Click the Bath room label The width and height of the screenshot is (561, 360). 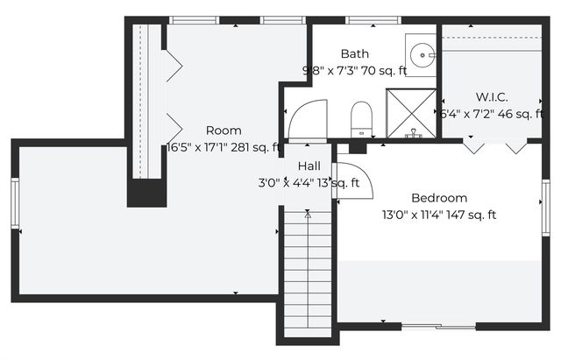tap(355, 54)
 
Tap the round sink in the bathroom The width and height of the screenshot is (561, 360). tap(424, 54)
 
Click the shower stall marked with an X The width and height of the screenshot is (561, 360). tap(410, 113)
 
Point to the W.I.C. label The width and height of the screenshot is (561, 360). tap(492, 97)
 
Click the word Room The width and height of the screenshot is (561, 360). tap(224, 131)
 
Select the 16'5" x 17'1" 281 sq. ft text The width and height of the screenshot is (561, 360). tap(224, 147)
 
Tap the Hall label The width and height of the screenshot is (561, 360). tap(309, 166)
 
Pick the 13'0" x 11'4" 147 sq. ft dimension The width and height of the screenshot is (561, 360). tap(439, 215)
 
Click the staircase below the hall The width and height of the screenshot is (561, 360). tap(308, 272)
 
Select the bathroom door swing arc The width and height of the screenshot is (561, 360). tap(308, 118)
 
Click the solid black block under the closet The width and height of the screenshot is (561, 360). tap(146, 192)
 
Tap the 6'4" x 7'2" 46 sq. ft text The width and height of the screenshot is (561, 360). tap(492, 114)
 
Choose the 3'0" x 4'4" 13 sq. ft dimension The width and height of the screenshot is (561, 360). tap(309, 183)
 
